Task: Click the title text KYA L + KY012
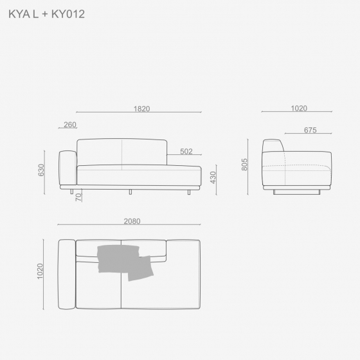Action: [46, 14]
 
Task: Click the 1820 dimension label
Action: [141, 109]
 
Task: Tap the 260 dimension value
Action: [70, 125]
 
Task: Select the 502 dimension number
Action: [186, 151]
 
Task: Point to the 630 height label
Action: [41, 170]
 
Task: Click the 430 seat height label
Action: [213, 177]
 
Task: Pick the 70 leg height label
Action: [78, 197]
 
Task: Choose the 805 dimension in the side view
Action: [244, 165]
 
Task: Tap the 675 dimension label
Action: [310, 130]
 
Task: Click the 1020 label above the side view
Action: [299, 108]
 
